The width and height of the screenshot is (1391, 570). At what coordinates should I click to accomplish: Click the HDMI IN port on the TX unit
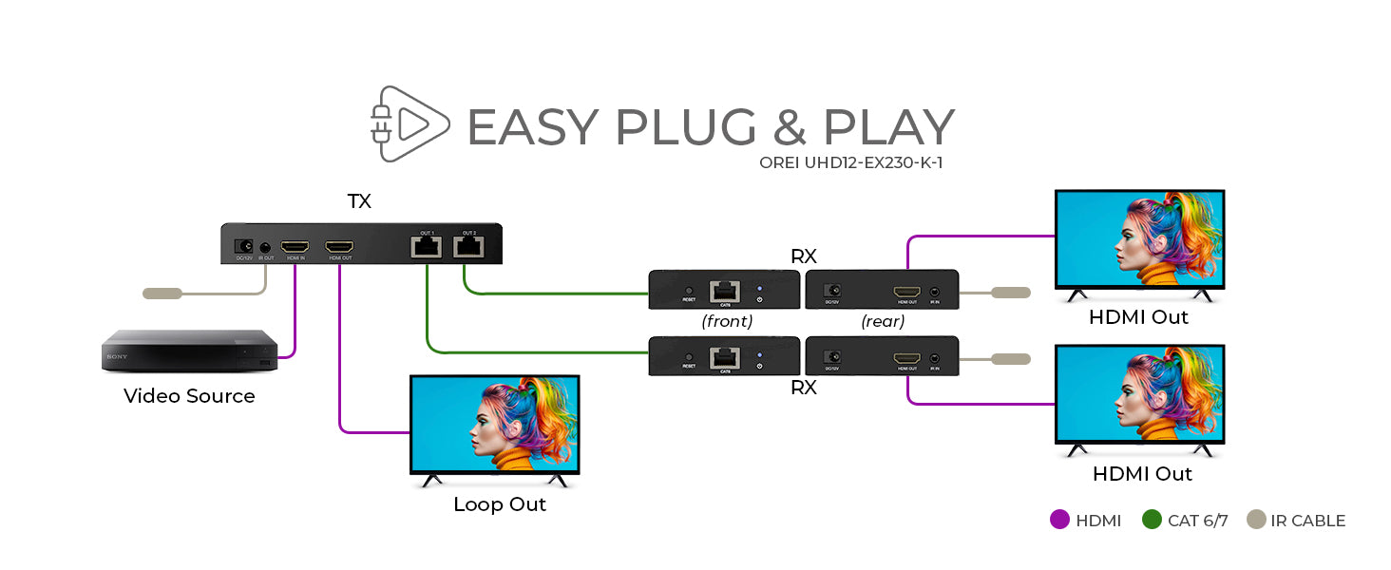pyautogui.click(x=295, y=246)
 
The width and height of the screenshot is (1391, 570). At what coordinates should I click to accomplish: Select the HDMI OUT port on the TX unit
pyautogui.click(x=339, y=246)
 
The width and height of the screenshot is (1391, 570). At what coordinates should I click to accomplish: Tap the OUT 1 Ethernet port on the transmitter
pyautogui.click(x=427, y=247)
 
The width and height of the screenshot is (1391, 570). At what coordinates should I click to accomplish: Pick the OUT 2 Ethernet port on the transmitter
pyautogui.click(x=468, y=247)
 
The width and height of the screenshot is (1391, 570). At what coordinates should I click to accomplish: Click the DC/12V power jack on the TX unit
pyautogui.click(x=243, y=246)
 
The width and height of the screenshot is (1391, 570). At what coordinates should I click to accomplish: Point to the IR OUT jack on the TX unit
pyautogui.click(x=266, y=247)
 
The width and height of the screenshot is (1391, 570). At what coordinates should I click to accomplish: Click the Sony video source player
pyautogui.click(x=190, y=351)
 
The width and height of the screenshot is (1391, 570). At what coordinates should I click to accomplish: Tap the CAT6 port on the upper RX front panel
pyautogui.click(x=725, y=290)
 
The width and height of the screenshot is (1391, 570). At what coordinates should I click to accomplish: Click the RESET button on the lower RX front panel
pyautogui.click(x=689, y=357)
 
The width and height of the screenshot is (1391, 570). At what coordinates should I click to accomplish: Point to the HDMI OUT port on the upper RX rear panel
pyautogui.click(x=905, y=291)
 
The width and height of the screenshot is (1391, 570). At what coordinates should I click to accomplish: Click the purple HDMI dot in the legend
pyautogui.click(x=1060, y=520)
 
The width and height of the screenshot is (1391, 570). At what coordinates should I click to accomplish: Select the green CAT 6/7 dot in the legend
pyautogui.click(x=1152, y=520)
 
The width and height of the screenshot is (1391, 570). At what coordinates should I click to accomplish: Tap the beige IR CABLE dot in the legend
pyautogui.click(x=1257, y=520)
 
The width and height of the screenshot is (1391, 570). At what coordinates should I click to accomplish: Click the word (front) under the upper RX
pyautogui.click(x=727, y=321)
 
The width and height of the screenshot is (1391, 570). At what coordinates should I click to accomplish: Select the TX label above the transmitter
pyautogui.click(x=359, y=201)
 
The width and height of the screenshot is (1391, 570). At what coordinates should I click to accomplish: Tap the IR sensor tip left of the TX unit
pyautogui.click(x=162, y=294)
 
